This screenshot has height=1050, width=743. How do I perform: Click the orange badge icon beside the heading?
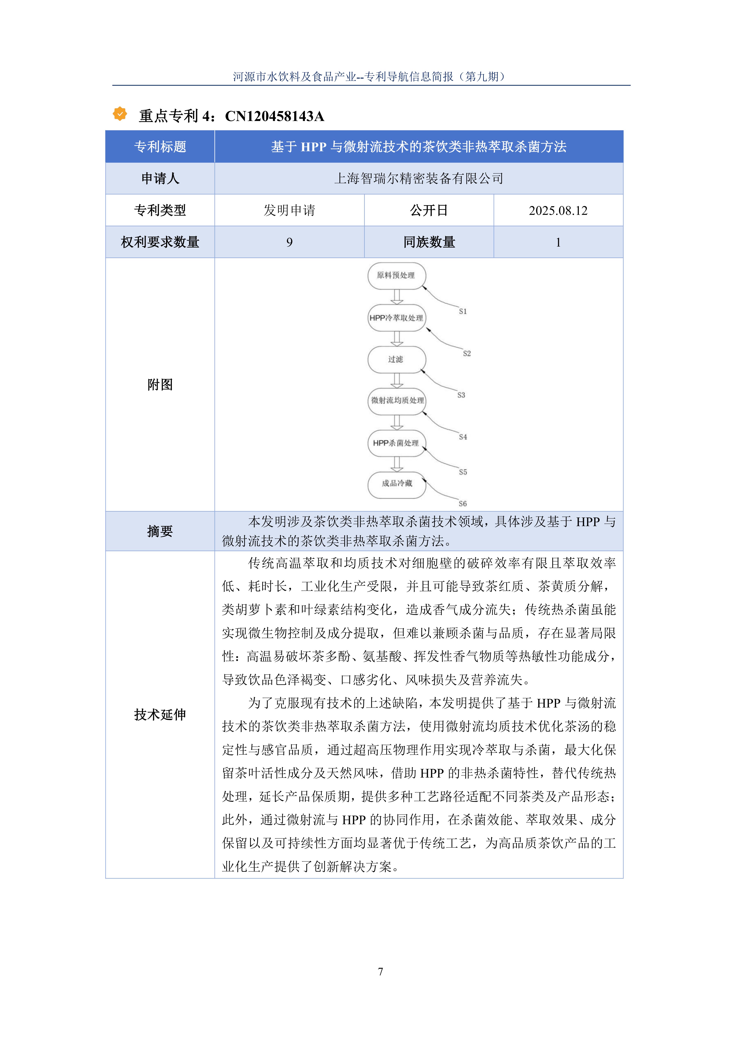click(x=120, y=114)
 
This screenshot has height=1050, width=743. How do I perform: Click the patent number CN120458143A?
click(x=274, y=116)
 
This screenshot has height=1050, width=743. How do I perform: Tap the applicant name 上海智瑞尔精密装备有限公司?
click(x=419, y=178)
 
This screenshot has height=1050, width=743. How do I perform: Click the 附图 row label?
click(x=160, y=385)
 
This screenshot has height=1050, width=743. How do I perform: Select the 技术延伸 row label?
click(x=160, y=714)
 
